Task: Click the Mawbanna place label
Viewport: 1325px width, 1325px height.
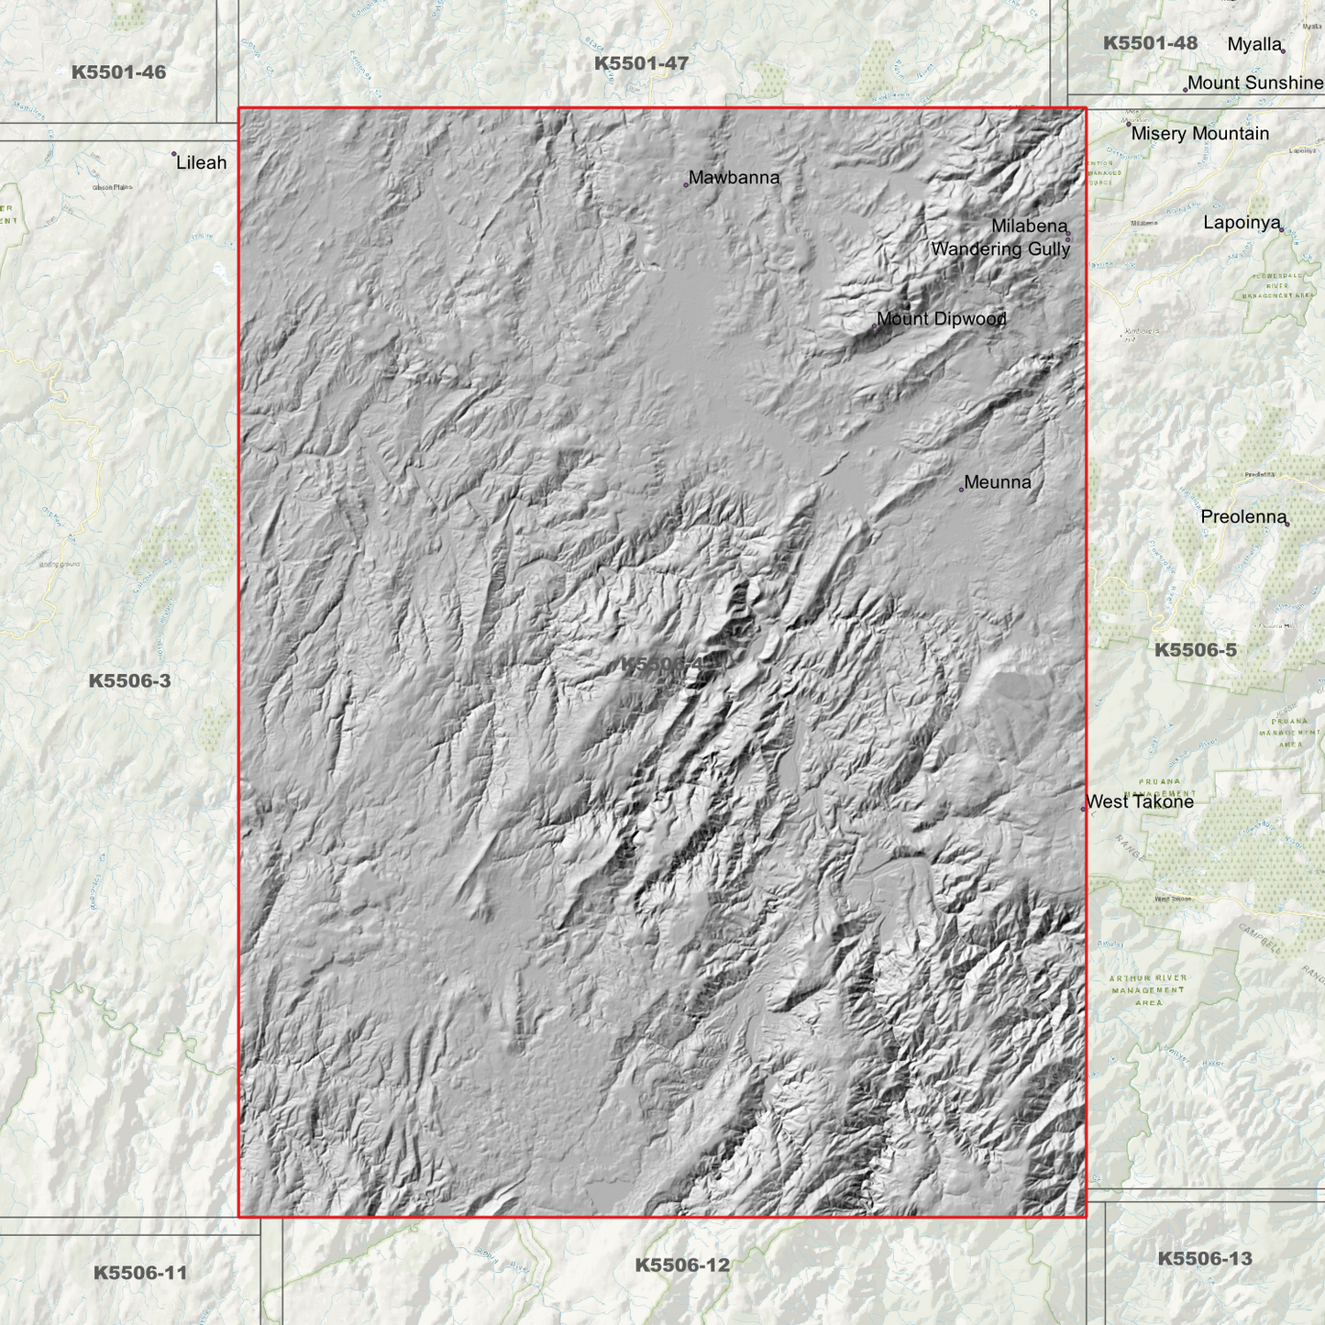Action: [x=734, y=178]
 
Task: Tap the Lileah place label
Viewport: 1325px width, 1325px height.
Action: [x=201, y=163]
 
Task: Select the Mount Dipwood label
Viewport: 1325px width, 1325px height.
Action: [x=941, y=319]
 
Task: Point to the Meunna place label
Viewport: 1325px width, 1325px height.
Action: [x=997, y=482]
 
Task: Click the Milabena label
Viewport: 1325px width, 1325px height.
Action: [x=1029, y=226]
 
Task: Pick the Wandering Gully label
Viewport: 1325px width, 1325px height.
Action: [x=1000, y=249]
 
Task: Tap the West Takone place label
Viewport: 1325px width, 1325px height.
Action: [x=1139, y=802]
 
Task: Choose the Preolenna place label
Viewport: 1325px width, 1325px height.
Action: [x=1243, y=517]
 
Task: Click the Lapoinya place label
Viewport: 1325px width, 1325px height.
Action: [x=1241, y=223]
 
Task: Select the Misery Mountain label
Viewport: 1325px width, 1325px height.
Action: [x=1199, y=134]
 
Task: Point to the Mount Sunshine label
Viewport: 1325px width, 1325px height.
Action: [x=1254, y=83]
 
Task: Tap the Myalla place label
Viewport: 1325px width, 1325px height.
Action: [x=1253, y=45]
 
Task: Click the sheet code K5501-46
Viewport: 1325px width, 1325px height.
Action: [x=118, y=72]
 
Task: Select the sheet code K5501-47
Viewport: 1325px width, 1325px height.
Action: [x=641, y=63]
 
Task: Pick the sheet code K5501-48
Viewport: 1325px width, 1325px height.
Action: [x=1150, y=43]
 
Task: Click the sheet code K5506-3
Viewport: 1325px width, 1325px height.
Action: [x=129, y=680]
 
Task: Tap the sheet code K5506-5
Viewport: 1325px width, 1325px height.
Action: [x=1195, y=650]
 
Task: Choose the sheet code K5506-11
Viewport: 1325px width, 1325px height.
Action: [x=140, y=1273]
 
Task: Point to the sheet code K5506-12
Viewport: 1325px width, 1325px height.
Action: [x=682, y=1265]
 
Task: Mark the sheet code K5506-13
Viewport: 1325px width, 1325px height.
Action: [x=1204, y=1259]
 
